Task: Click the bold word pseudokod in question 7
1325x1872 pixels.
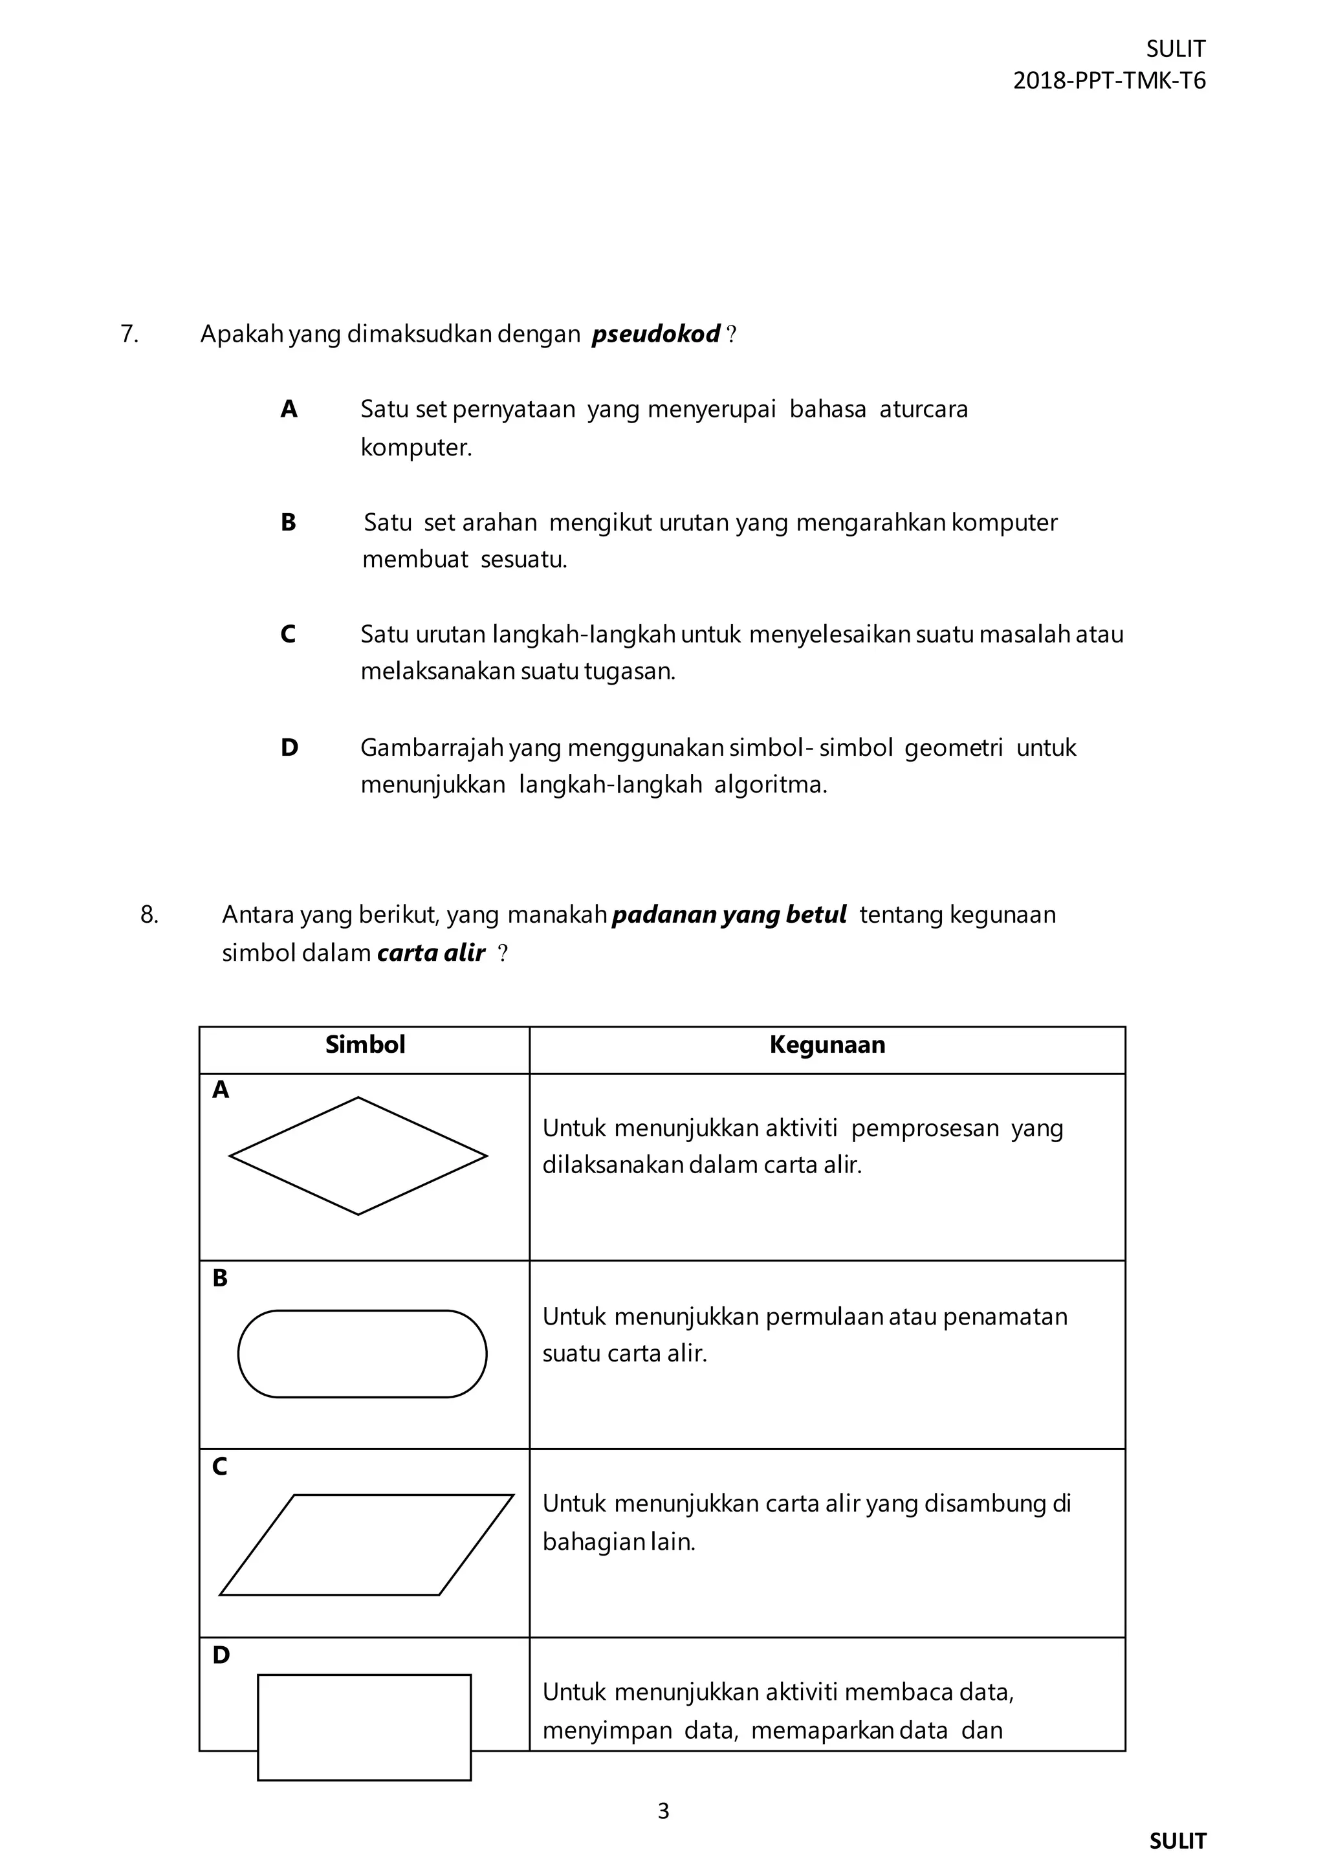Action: (x=655, y=335)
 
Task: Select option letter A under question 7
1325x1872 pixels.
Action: (x=289, y=410)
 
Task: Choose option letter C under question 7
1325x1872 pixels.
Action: (x=288, y=634)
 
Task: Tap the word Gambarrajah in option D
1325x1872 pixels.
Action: (x=432, y=747)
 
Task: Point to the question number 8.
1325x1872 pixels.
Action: (x=149, y=915)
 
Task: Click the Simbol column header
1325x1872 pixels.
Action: (x=365, y=1044)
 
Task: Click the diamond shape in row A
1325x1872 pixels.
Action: (x=358, y=1156)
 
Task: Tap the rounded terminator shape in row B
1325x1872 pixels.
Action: (x=362, y=1354)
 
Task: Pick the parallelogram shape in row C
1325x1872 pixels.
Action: (x=366, y=1545)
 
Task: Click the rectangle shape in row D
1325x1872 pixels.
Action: (x=364, y=1727)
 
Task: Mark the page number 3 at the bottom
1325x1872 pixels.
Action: (x=662, y=1811)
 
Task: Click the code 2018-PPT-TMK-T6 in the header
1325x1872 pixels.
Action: (x=1109, y=81)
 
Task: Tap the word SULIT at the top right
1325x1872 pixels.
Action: (x=1175, y=49)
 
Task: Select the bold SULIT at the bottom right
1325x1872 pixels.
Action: (x=1177, y=1841)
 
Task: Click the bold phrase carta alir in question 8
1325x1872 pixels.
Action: (x=431, y=953)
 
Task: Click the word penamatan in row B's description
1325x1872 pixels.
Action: (x=1005, y=1317)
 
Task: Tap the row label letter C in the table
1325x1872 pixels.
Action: (x=219, y=1467)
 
